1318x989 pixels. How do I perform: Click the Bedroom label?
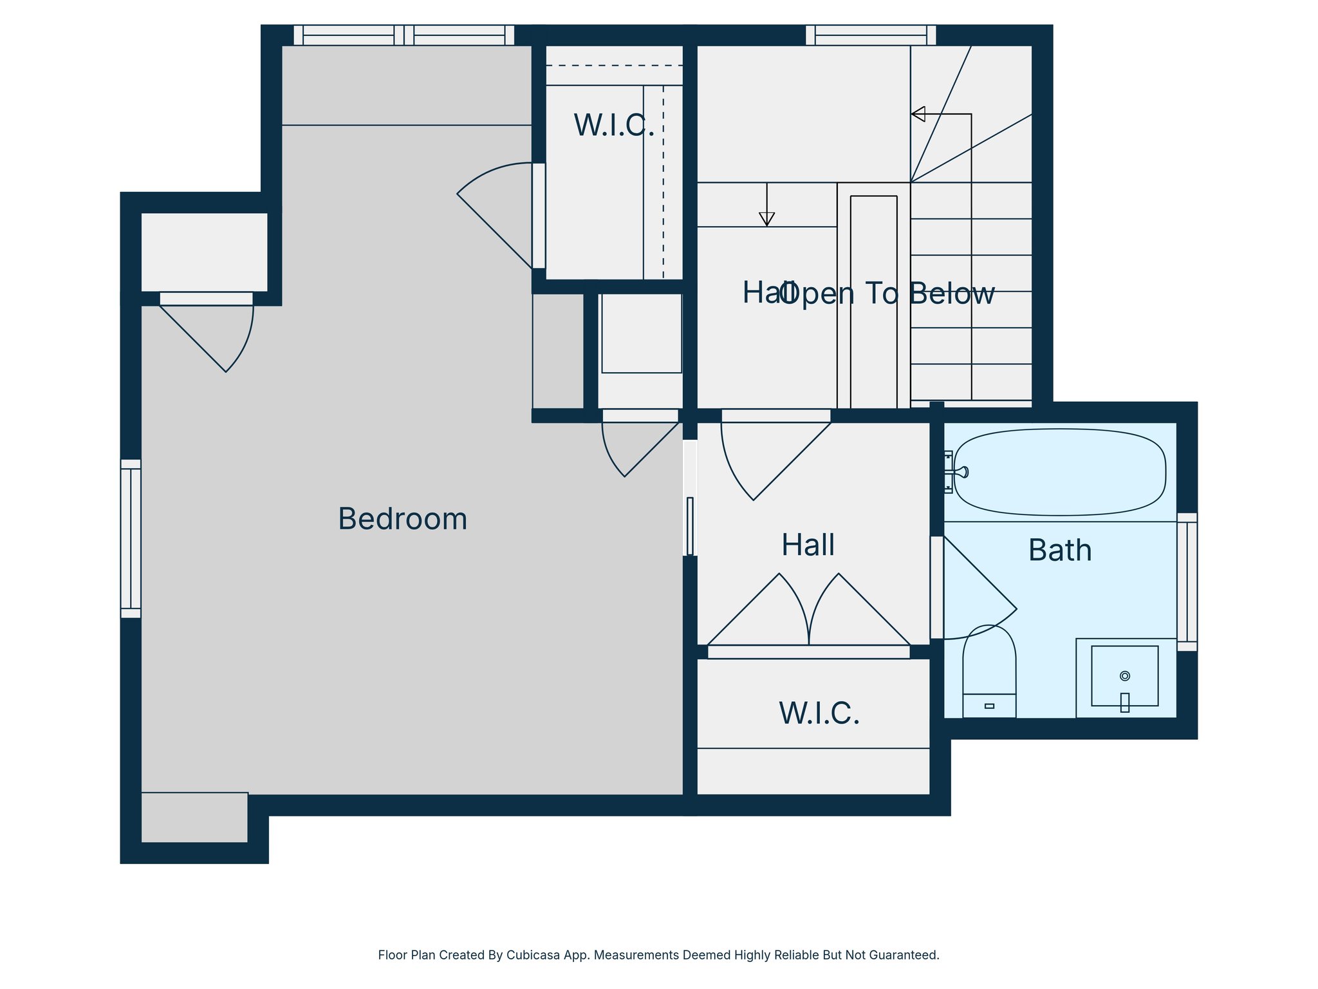402,519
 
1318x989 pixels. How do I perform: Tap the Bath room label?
1059,551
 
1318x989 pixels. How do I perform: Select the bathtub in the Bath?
1059,472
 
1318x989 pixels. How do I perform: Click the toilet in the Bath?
989,673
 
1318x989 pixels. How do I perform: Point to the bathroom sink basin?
1124,676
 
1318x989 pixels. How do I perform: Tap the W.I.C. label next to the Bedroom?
614,125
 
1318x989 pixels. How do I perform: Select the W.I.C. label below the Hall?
819,713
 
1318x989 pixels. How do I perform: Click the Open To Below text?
888,294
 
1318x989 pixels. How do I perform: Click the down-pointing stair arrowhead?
766,219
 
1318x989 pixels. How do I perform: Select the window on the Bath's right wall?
1187,581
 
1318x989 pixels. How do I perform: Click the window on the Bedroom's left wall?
131,538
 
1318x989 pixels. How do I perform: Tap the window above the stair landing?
871,35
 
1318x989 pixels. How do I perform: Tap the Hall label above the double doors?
808,545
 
